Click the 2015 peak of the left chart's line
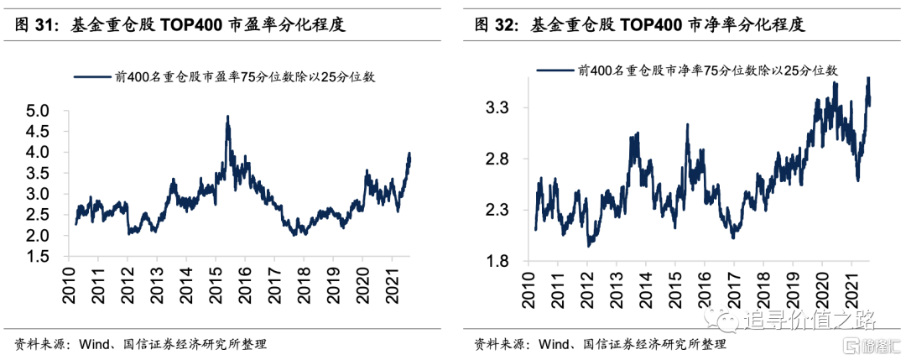[227, 117]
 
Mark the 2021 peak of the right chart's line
[867, 78]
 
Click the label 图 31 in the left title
[34, 26]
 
